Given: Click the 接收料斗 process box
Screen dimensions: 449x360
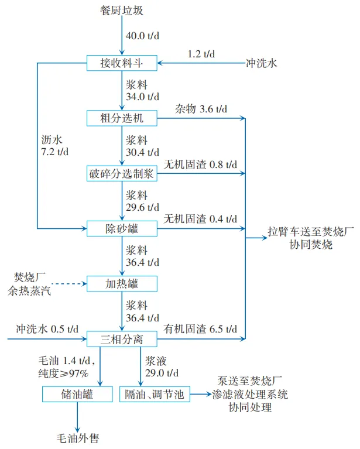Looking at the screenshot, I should (122, 62).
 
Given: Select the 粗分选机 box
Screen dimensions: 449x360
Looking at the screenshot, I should (122, 118).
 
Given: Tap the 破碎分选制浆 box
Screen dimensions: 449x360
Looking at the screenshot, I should (122, 173).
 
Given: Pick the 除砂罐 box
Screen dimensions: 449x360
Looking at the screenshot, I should (122, 228).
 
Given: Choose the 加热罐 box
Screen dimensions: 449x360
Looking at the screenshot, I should (122, 284).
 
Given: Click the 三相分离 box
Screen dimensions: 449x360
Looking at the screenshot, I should (122, 338).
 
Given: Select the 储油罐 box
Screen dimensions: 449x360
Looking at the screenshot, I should (77, 395).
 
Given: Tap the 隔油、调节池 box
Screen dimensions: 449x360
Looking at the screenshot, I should (155, 395).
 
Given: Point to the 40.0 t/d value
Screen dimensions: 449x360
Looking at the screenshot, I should (143, 36).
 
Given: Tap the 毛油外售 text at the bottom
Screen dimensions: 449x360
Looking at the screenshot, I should (77, 437).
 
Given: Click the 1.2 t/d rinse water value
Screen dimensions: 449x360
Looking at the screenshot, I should (201, 54).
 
